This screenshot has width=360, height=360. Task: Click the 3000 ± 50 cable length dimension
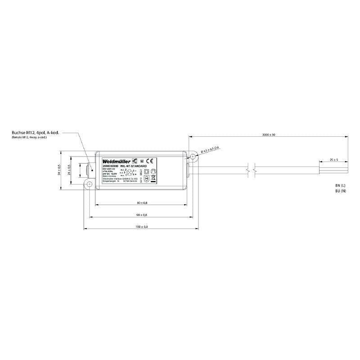click(268, 135)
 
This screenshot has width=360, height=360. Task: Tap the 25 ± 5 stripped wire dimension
click(333, 160)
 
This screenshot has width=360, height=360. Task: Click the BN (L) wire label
click(340, 185)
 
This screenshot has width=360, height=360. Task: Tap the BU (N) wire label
click(340, 191)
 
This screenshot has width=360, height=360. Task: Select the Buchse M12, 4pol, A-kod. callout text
click(36, 133)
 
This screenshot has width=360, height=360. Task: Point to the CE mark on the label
click(151, 161)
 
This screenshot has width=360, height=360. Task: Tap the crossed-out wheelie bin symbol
click(153, 178)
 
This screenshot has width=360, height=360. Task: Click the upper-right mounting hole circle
click(193, 157)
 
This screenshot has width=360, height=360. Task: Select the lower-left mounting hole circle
click(90, 184)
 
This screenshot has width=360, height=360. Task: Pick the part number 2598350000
click(111, 166)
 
